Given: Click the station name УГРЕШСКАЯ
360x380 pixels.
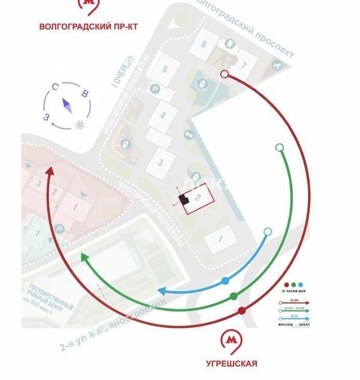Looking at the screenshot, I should click(231, 364).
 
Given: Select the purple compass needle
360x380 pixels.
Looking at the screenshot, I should click(67, 105).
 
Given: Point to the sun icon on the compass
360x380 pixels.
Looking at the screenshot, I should click(79, 124).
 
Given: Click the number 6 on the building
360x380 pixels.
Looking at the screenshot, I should click(204, 45).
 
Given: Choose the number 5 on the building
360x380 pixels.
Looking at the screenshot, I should click(164, 69).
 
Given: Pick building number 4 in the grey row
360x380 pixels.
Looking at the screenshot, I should click(162, 115).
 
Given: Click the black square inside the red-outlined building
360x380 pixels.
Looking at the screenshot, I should click(183, 199).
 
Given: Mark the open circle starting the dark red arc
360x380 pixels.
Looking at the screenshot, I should click(224, 74).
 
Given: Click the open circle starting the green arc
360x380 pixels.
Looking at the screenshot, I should click(280, 148).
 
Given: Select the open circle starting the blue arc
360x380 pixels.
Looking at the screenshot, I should click(267, 231).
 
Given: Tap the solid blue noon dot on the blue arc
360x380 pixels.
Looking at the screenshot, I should click(225, 281).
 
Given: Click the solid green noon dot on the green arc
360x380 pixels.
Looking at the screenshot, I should click(233, 296).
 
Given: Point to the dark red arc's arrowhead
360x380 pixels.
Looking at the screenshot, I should click(50, 171).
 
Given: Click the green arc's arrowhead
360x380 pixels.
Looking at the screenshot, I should click(84, 257).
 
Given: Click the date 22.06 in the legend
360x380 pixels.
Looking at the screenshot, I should click(294, 300).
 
